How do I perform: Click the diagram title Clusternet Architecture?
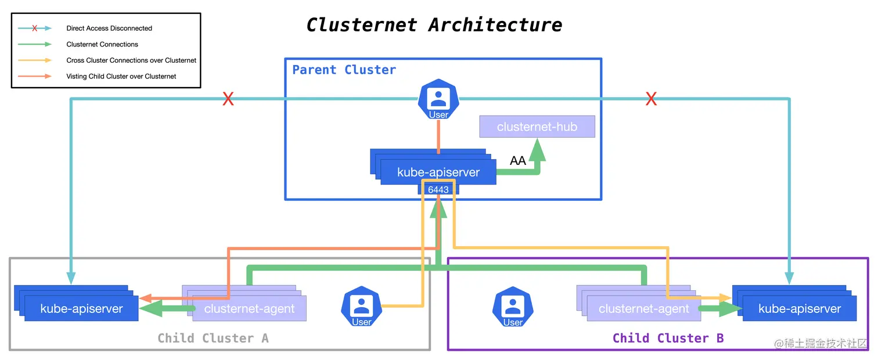click(434, 25)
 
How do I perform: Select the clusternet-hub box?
click(537, 127)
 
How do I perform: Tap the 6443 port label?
click(438, 189)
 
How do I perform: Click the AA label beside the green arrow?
click(517, 161)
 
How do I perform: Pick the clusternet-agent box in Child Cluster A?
click(249, 309)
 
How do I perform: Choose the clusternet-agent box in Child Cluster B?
click(643, 309)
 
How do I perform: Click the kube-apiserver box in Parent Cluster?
click(438, 172)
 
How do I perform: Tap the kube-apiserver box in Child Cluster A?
click(81, 308)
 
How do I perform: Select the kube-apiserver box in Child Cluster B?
click(800, 308)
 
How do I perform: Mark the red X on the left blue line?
click(228, 99)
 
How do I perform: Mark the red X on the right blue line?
click(652, 99)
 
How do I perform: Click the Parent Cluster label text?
click(344, 70)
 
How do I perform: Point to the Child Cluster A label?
click(213, 338)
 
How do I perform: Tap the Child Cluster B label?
click(668, 338)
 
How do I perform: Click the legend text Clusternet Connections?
click(102, 44)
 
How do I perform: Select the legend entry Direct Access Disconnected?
click(109, 28)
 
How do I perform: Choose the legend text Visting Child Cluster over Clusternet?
click(121, 76)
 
